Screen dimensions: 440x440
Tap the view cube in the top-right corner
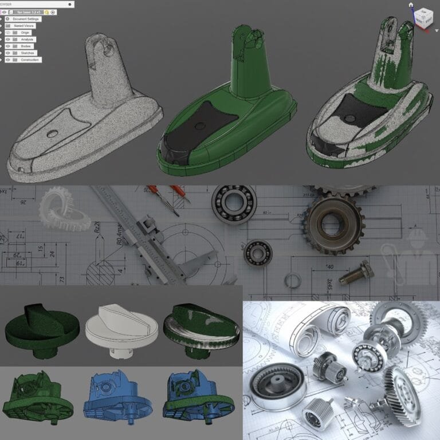tap(424, 18)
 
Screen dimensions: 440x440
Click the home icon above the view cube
tap(411, 5)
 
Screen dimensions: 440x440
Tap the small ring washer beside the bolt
tap(293, 281)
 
